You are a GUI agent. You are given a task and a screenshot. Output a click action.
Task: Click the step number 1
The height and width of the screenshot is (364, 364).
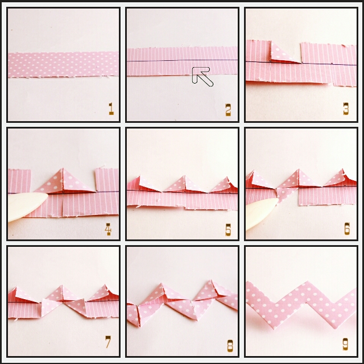pyautogui.click(x=111, y=109)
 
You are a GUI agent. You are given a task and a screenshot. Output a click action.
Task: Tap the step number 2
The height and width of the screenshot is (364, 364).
pyautogui.click(x=229, y=110)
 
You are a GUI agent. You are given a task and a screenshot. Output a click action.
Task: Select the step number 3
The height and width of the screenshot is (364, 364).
pyautogui.click(x=346, y=109)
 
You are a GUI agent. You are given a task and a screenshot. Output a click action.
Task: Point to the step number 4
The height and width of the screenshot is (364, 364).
pyautogui.click(x=108, y=229)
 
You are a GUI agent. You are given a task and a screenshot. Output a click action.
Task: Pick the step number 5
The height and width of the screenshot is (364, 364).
pyautogui.click(x=228, y=230)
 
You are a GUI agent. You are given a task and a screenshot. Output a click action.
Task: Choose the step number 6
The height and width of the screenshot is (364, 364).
pyautogui.click(x=347, y=229)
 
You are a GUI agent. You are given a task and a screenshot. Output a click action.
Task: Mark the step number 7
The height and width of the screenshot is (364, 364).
pyautogui.click(x=108, y=342)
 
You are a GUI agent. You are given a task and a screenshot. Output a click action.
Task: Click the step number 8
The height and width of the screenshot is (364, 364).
pyautogui.click(x=230, y=346)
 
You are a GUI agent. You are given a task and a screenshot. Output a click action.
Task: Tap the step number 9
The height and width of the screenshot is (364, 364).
pyautogui.click(x=345, y=344)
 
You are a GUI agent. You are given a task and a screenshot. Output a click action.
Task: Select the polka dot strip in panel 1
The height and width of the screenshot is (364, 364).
pyautogui.click(x=63, y=64)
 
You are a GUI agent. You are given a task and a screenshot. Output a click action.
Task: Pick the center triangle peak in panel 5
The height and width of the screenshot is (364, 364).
pyautogui.click(x=184, y=176)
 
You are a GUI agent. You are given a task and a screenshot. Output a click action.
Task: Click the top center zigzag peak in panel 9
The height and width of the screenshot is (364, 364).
pyautogui.click(x=308, y=282)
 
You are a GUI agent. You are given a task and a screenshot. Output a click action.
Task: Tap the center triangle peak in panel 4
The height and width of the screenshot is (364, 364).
pyautogui.click(x=63, y=169)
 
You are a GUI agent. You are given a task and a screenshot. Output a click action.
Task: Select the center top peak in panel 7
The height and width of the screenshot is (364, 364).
pyautogui.click(x=62, y=286)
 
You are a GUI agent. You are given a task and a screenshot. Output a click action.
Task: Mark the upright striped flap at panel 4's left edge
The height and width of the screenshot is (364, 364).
pyautogui.click(x=19, y=181)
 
